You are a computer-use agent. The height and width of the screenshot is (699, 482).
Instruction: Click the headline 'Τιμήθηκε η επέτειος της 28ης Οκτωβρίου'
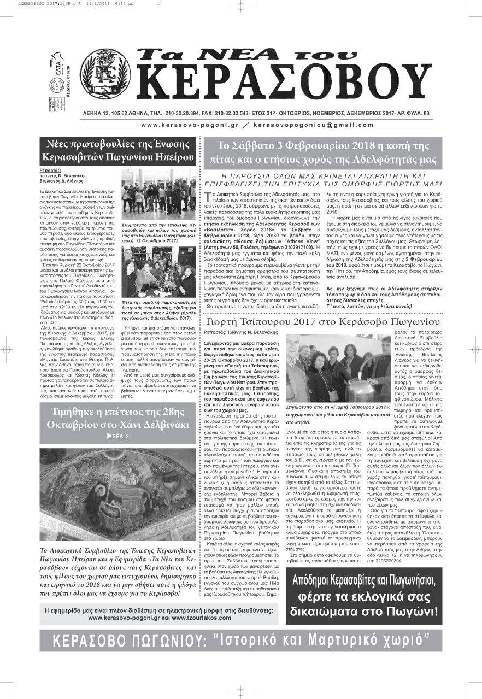tap(118, 418)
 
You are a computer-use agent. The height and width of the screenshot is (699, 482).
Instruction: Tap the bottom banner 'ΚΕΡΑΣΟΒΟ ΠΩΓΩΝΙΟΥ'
tap(240, 639)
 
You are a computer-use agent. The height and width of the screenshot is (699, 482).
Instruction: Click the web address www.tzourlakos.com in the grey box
tap(201, 618)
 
